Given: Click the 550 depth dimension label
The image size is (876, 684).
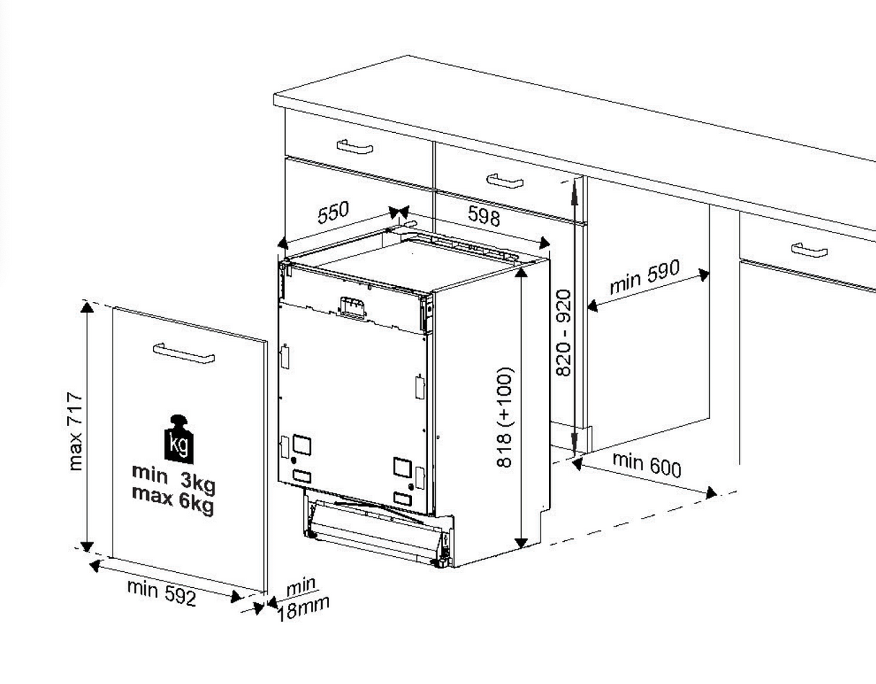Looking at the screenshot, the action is pyautogui.click(x=333, y=212).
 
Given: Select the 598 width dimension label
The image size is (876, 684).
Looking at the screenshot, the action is pyautogui.click(x=483, y=216).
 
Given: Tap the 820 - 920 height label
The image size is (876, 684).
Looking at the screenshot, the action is pyautogui.click(x=563, y=332).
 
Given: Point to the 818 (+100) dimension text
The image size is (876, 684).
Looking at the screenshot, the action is pyautogui.click(x=504, y=417).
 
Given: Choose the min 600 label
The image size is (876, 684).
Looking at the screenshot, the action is pyautogui.click(x=647, y=464).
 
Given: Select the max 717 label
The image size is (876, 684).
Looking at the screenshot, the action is pyautogui.click(x=76, y=431).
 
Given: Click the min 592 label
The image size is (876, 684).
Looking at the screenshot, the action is pyautogui.click(x=162, y=592).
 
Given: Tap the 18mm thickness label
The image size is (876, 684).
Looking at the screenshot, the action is pyautogui.click(x=303, y=608).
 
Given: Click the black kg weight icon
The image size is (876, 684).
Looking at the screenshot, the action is pyautogui.click(x=178, y=439).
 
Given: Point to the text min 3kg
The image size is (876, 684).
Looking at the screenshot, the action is pyautogui.click(x=173, y=479).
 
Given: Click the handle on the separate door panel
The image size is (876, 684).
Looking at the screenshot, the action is pyautogui.click(x=183, y=353).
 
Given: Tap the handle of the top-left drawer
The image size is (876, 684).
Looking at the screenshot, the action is pyautogui.click(x=355, y=147).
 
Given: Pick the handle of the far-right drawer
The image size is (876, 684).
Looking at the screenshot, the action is pyautogui.click(x=809, y=249).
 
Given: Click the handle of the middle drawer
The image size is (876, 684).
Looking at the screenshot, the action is pyautogui.click(x=505, y=181).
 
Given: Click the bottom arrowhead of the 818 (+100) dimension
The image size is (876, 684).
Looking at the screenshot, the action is pyautogui.click(x=521, y=542).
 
